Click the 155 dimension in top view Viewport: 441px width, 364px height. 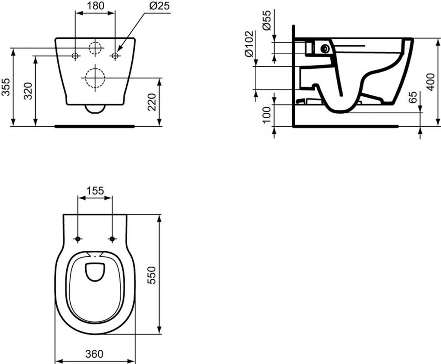95,190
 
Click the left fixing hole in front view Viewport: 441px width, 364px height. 75,56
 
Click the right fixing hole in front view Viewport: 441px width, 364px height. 115,56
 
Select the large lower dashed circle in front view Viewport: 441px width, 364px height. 95,78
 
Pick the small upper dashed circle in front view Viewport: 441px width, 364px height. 95,47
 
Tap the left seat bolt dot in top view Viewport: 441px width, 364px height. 78,239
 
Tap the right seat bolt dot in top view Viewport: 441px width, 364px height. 112,239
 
